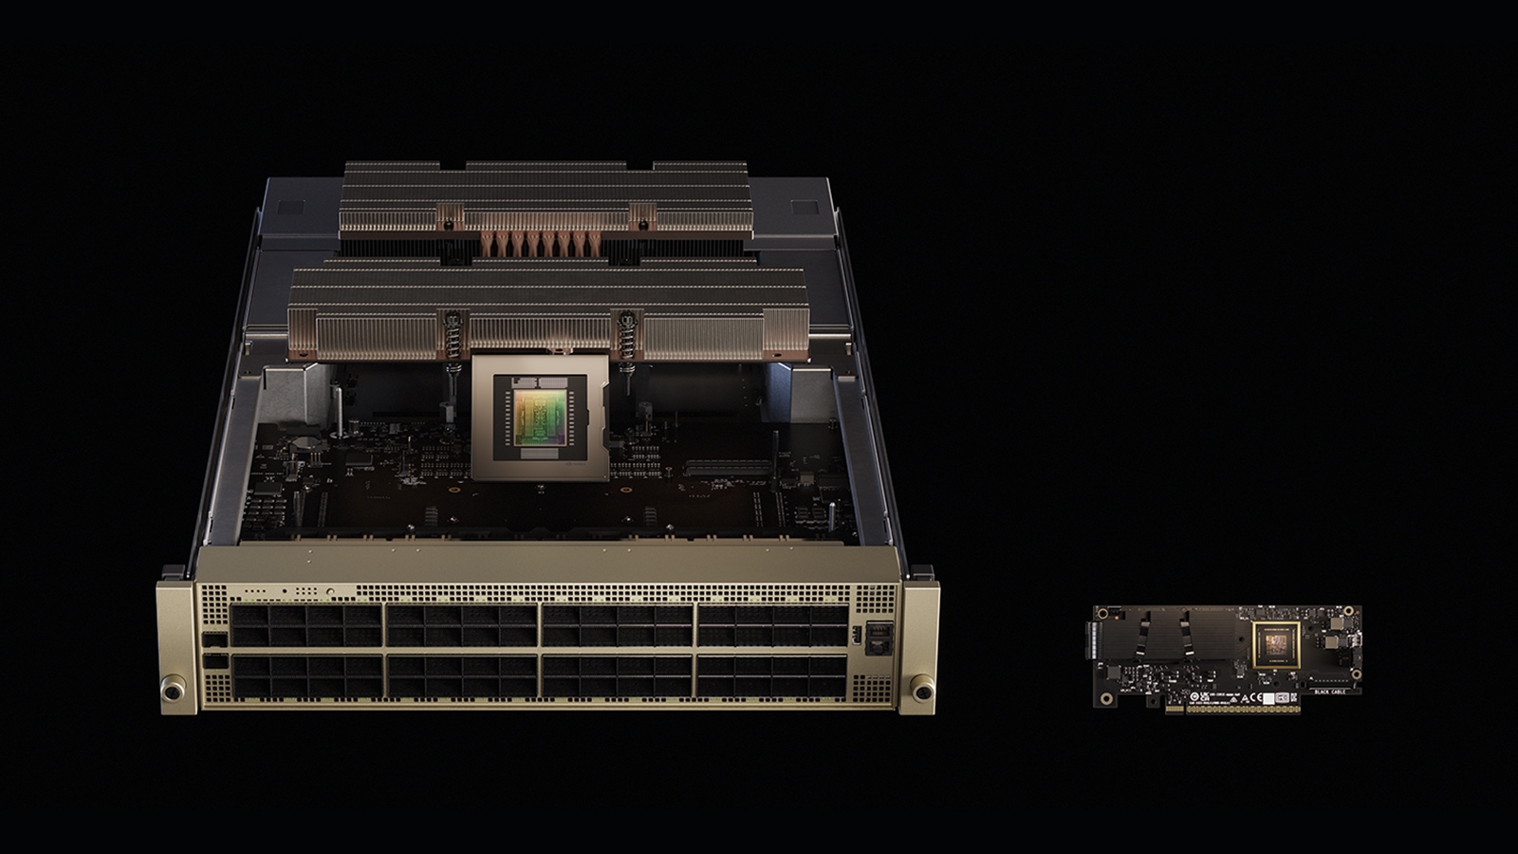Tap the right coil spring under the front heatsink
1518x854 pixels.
click(x=626, y=336)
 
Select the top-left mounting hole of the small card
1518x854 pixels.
click(x=1101, y=613)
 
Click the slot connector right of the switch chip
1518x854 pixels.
click(x=717, y=468)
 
